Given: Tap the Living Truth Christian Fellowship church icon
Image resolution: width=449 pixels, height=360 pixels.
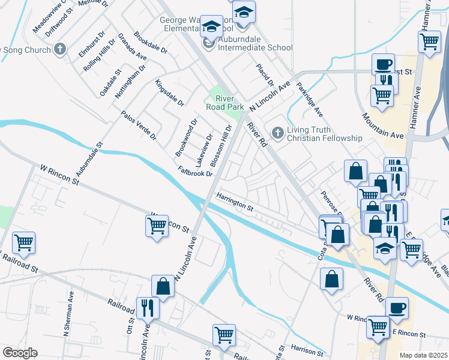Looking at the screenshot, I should click(x=277, y=132).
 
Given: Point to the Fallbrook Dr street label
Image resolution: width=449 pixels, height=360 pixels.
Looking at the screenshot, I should click(x=196, y=172).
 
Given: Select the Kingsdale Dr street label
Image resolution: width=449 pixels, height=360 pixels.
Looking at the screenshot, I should click(x=169, y=93).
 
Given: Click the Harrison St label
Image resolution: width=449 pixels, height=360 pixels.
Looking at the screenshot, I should click(x=308, y=349).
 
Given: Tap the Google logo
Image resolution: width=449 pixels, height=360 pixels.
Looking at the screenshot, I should click(x=20, y=353).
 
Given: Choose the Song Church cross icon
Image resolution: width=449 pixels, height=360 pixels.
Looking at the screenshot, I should click(x=59, y=49).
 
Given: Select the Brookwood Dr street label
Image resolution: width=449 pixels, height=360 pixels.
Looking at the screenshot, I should click(x=187, y=138).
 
